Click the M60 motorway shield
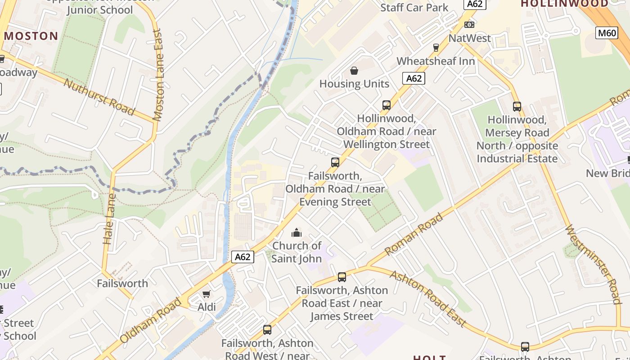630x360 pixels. pyautogui.click(x=607, y=33)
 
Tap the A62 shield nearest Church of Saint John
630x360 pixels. pyautogui.click(x=243, y=257)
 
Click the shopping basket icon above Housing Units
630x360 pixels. pyautogui.click(x=354, y=71)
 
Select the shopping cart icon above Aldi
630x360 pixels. pyautogui.click(x=206, y=294)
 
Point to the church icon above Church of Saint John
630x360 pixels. pyautogui.click(x=296, y=233)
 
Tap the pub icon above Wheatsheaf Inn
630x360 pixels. pyautogui.click(x=436, y=47)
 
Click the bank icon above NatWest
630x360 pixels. pyautogui.click(x=469, y=25)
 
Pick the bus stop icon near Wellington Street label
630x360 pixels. pyautogui.click(x=386, y=105)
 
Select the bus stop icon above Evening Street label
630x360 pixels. pyautogui.click(x=335, y=162)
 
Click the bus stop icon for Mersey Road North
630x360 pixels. pyautogui.click(x=517, y=107)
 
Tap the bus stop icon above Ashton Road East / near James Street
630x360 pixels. pyautogui.click(x=342, y=277)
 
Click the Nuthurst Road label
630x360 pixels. pyautogui.click(x=99, y=97)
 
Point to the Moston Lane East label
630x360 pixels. pyautogui.click(x=157, y=75)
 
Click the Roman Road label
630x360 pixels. pyautogui.click(x=414, y=234)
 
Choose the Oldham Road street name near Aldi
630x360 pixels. pyautogui.click(x=151, y=320)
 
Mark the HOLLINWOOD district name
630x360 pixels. pyautogui.click(x=564, y=4)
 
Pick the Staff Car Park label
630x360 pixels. pyautogui.click(x=414, y=7)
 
